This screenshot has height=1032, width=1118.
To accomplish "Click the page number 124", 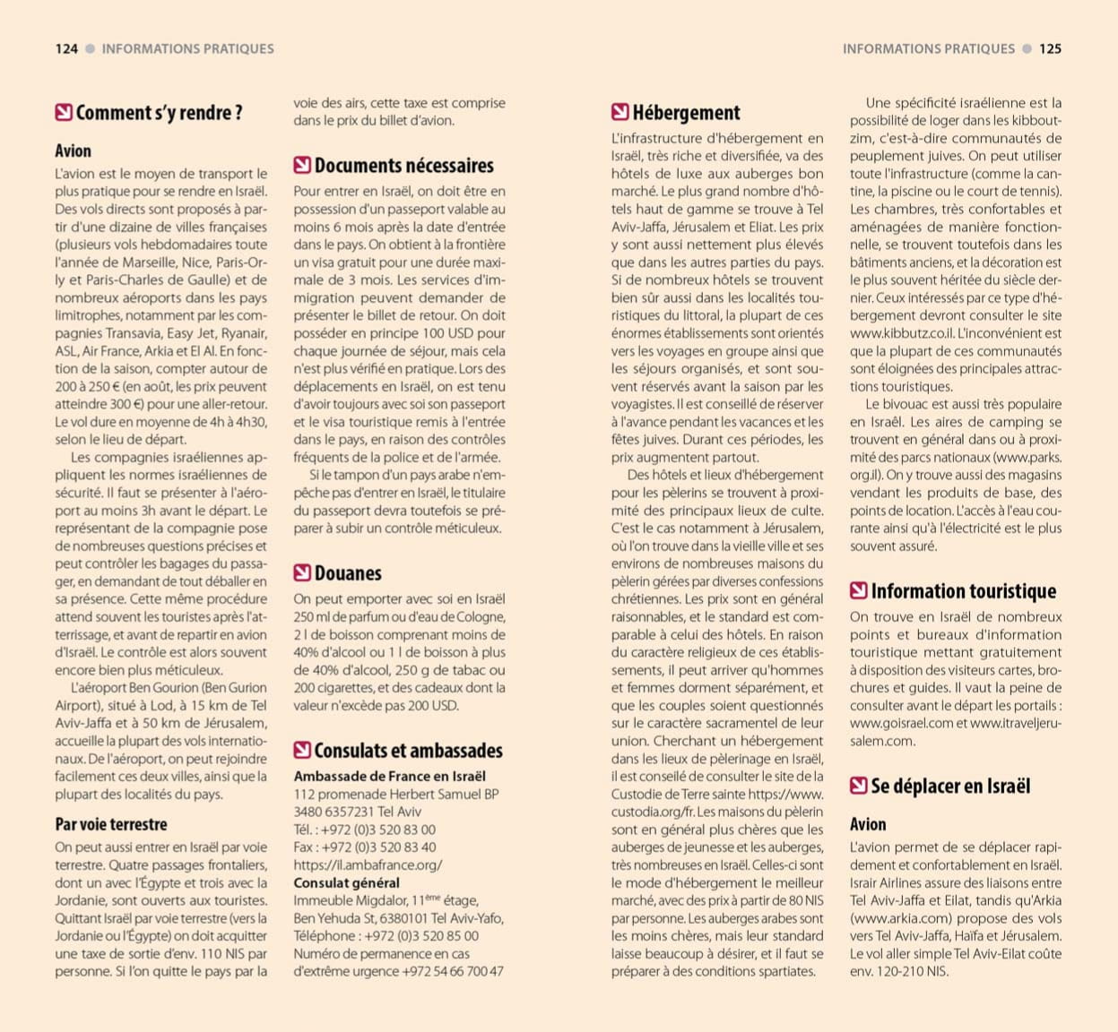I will [66, 49].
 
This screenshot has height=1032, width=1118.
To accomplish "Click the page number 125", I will [1050, 49].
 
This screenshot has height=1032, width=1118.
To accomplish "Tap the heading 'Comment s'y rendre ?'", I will [159, 113].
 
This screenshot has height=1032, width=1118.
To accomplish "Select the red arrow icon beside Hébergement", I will [620, 112].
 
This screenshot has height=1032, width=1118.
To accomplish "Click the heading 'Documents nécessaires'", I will [403, 166].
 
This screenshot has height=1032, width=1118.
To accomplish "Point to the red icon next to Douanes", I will [302, 573].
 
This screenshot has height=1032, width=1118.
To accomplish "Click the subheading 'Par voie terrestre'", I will [111, 824].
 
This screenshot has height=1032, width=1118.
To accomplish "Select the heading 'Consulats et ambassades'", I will [408, 751].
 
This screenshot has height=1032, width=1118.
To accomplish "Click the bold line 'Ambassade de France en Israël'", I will [390, 777].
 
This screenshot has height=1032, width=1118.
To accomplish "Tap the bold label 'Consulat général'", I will [347, 882].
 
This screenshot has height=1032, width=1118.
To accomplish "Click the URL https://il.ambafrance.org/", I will [368, 864].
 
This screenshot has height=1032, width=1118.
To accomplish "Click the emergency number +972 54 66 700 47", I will [453, 971].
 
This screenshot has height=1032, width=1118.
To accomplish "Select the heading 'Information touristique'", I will [963, 591].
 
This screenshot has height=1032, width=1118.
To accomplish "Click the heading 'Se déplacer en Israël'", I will [950, 787].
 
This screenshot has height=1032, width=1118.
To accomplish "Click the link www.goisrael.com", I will [901, 723].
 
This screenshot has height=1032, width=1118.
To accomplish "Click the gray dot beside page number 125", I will [1027, 49].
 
